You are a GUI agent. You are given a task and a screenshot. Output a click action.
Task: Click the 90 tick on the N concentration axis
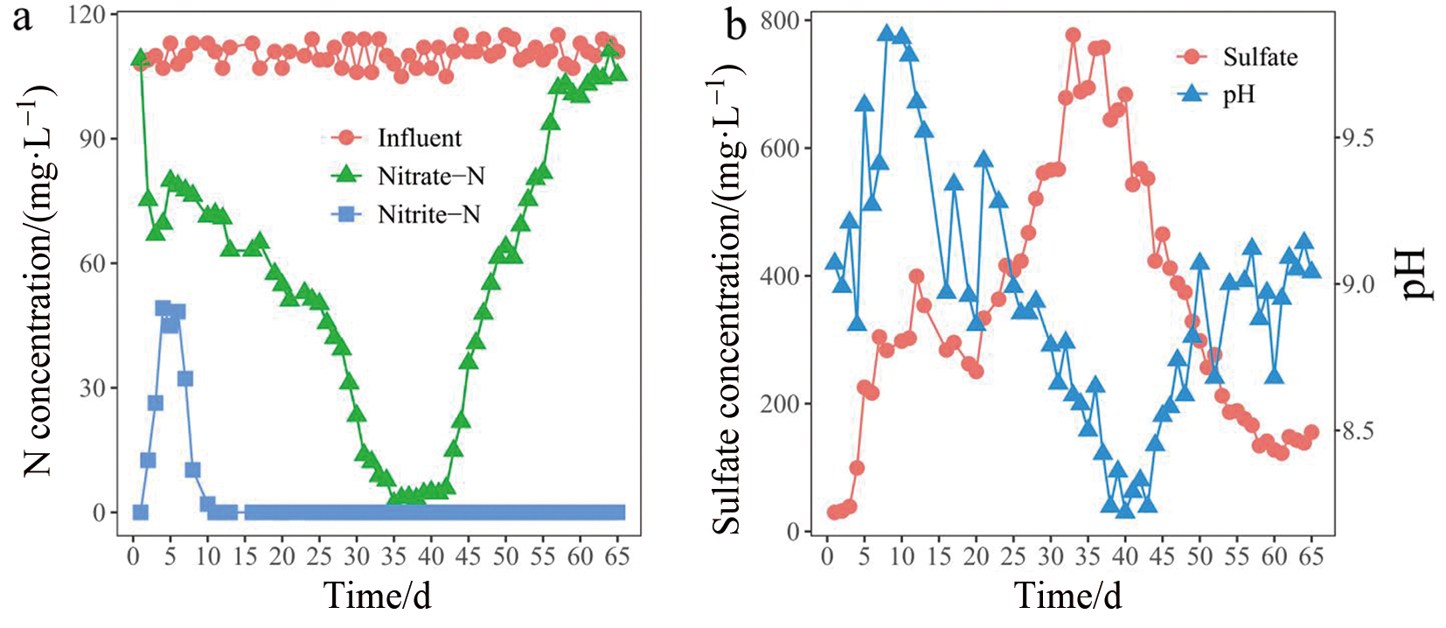(93, 139)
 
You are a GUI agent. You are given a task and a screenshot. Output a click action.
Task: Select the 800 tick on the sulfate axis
(780, 21)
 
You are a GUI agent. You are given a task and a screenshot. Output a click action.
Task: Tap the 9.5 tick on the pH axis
(1356, 138)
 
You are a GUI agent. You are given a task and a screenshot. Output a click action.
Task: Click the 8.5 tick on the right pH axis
(1356, 431)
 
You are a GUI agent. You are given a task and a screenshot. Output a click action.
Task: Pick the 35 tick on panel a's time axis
(393, 556)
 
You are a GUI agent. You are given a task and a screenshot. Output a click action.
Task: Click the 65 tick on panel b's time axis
(1310, 556)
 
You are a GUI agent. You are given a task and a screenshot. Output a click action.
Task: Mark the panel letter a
(22, 19)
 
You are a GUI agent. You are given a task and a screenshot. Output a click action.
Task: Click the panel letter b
(736, 26)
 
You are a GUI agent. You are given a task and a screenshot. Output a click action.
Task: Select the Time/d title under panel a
(378, 596)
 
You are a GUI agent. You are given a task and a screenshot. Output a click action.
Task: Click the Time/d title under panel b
(1067, 596)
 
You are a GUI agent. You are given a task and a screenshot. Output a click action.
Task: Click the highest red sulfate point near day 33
(1073, 36)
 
